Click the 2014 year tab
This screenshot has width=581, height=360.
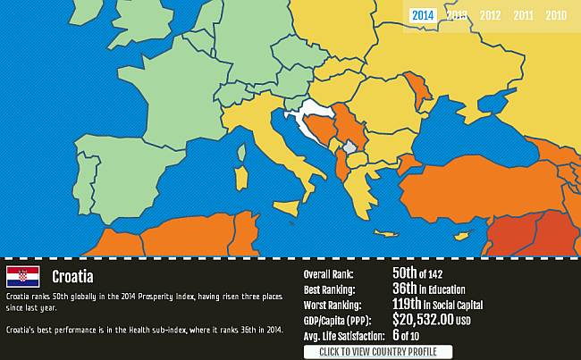click(424, 15)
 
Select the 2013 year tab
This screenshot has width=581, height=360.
click(457, 15)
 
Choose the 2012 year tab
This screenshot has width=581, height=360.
click(490, 15)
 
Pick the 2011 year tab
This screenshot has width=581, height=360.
click(523, 15)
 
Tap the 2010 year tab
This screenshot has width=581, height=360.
click(556, 15)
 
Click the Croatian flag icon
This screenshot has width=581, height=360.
click(22, 276)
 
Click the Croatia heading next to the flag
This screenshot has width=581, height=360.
click(72, 277)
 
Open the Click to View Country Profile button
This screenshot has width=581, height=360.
click(378, 352)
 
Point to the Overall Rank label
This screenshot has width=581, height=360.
click(329, 275)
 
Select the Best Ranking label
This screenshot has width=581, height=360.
click(330, 290)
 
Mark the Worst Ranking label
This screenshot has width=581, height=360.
click(333, 306)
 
